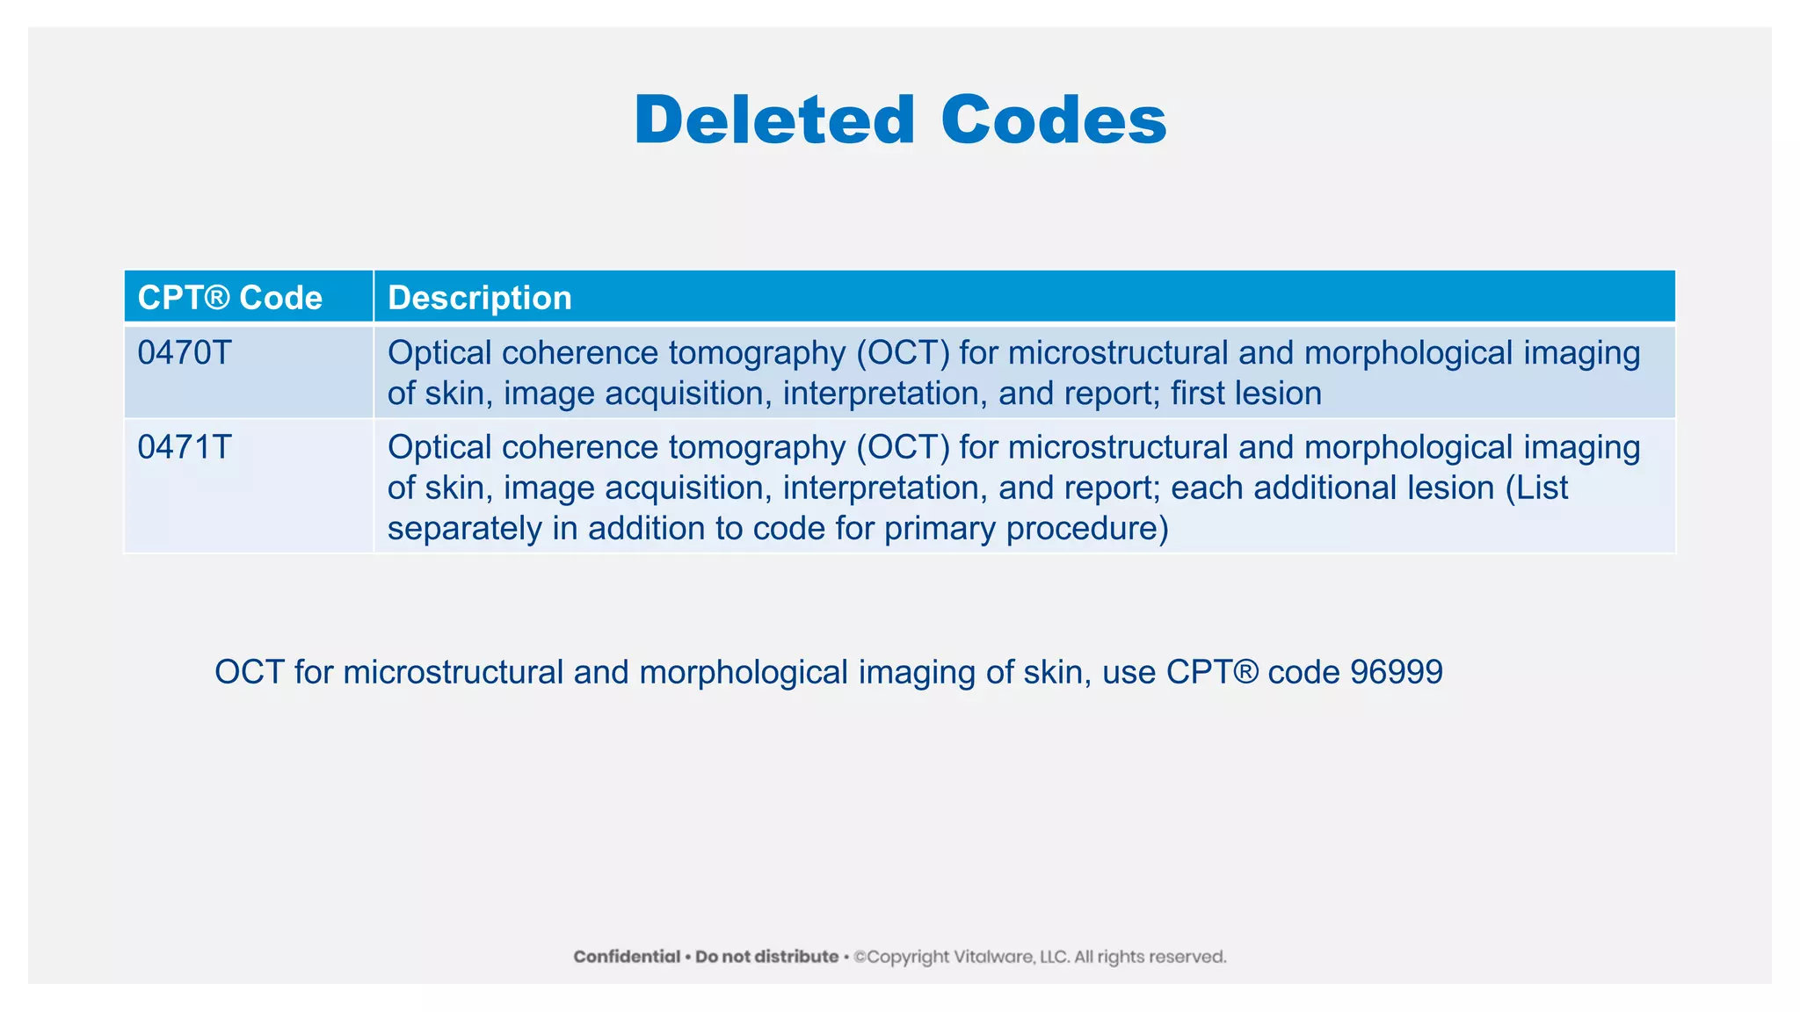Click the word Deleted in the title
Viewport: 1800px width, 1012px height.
774,120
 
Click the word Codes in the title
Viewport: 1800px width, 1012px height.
1053,120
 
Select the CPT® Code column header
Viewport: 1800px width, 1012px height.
230,298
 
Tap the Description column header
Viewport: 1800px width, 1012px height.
479,298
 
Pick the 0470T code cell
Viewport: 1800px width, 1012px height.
185,353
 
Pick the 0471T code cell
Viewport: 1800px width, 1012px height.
185,448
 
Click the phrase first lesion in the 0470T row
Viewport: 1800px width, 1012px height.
1245,394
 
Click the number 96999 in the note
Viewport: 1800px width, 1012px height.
1397,672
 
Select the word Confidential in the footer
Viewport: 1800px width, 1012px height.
627,957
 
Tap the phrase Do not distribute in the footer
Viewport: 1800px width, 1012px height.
766,957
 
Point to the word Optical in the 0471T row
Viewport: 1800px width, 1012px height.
439,448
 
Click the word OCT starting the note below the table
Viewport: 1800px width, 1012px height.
250,672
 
